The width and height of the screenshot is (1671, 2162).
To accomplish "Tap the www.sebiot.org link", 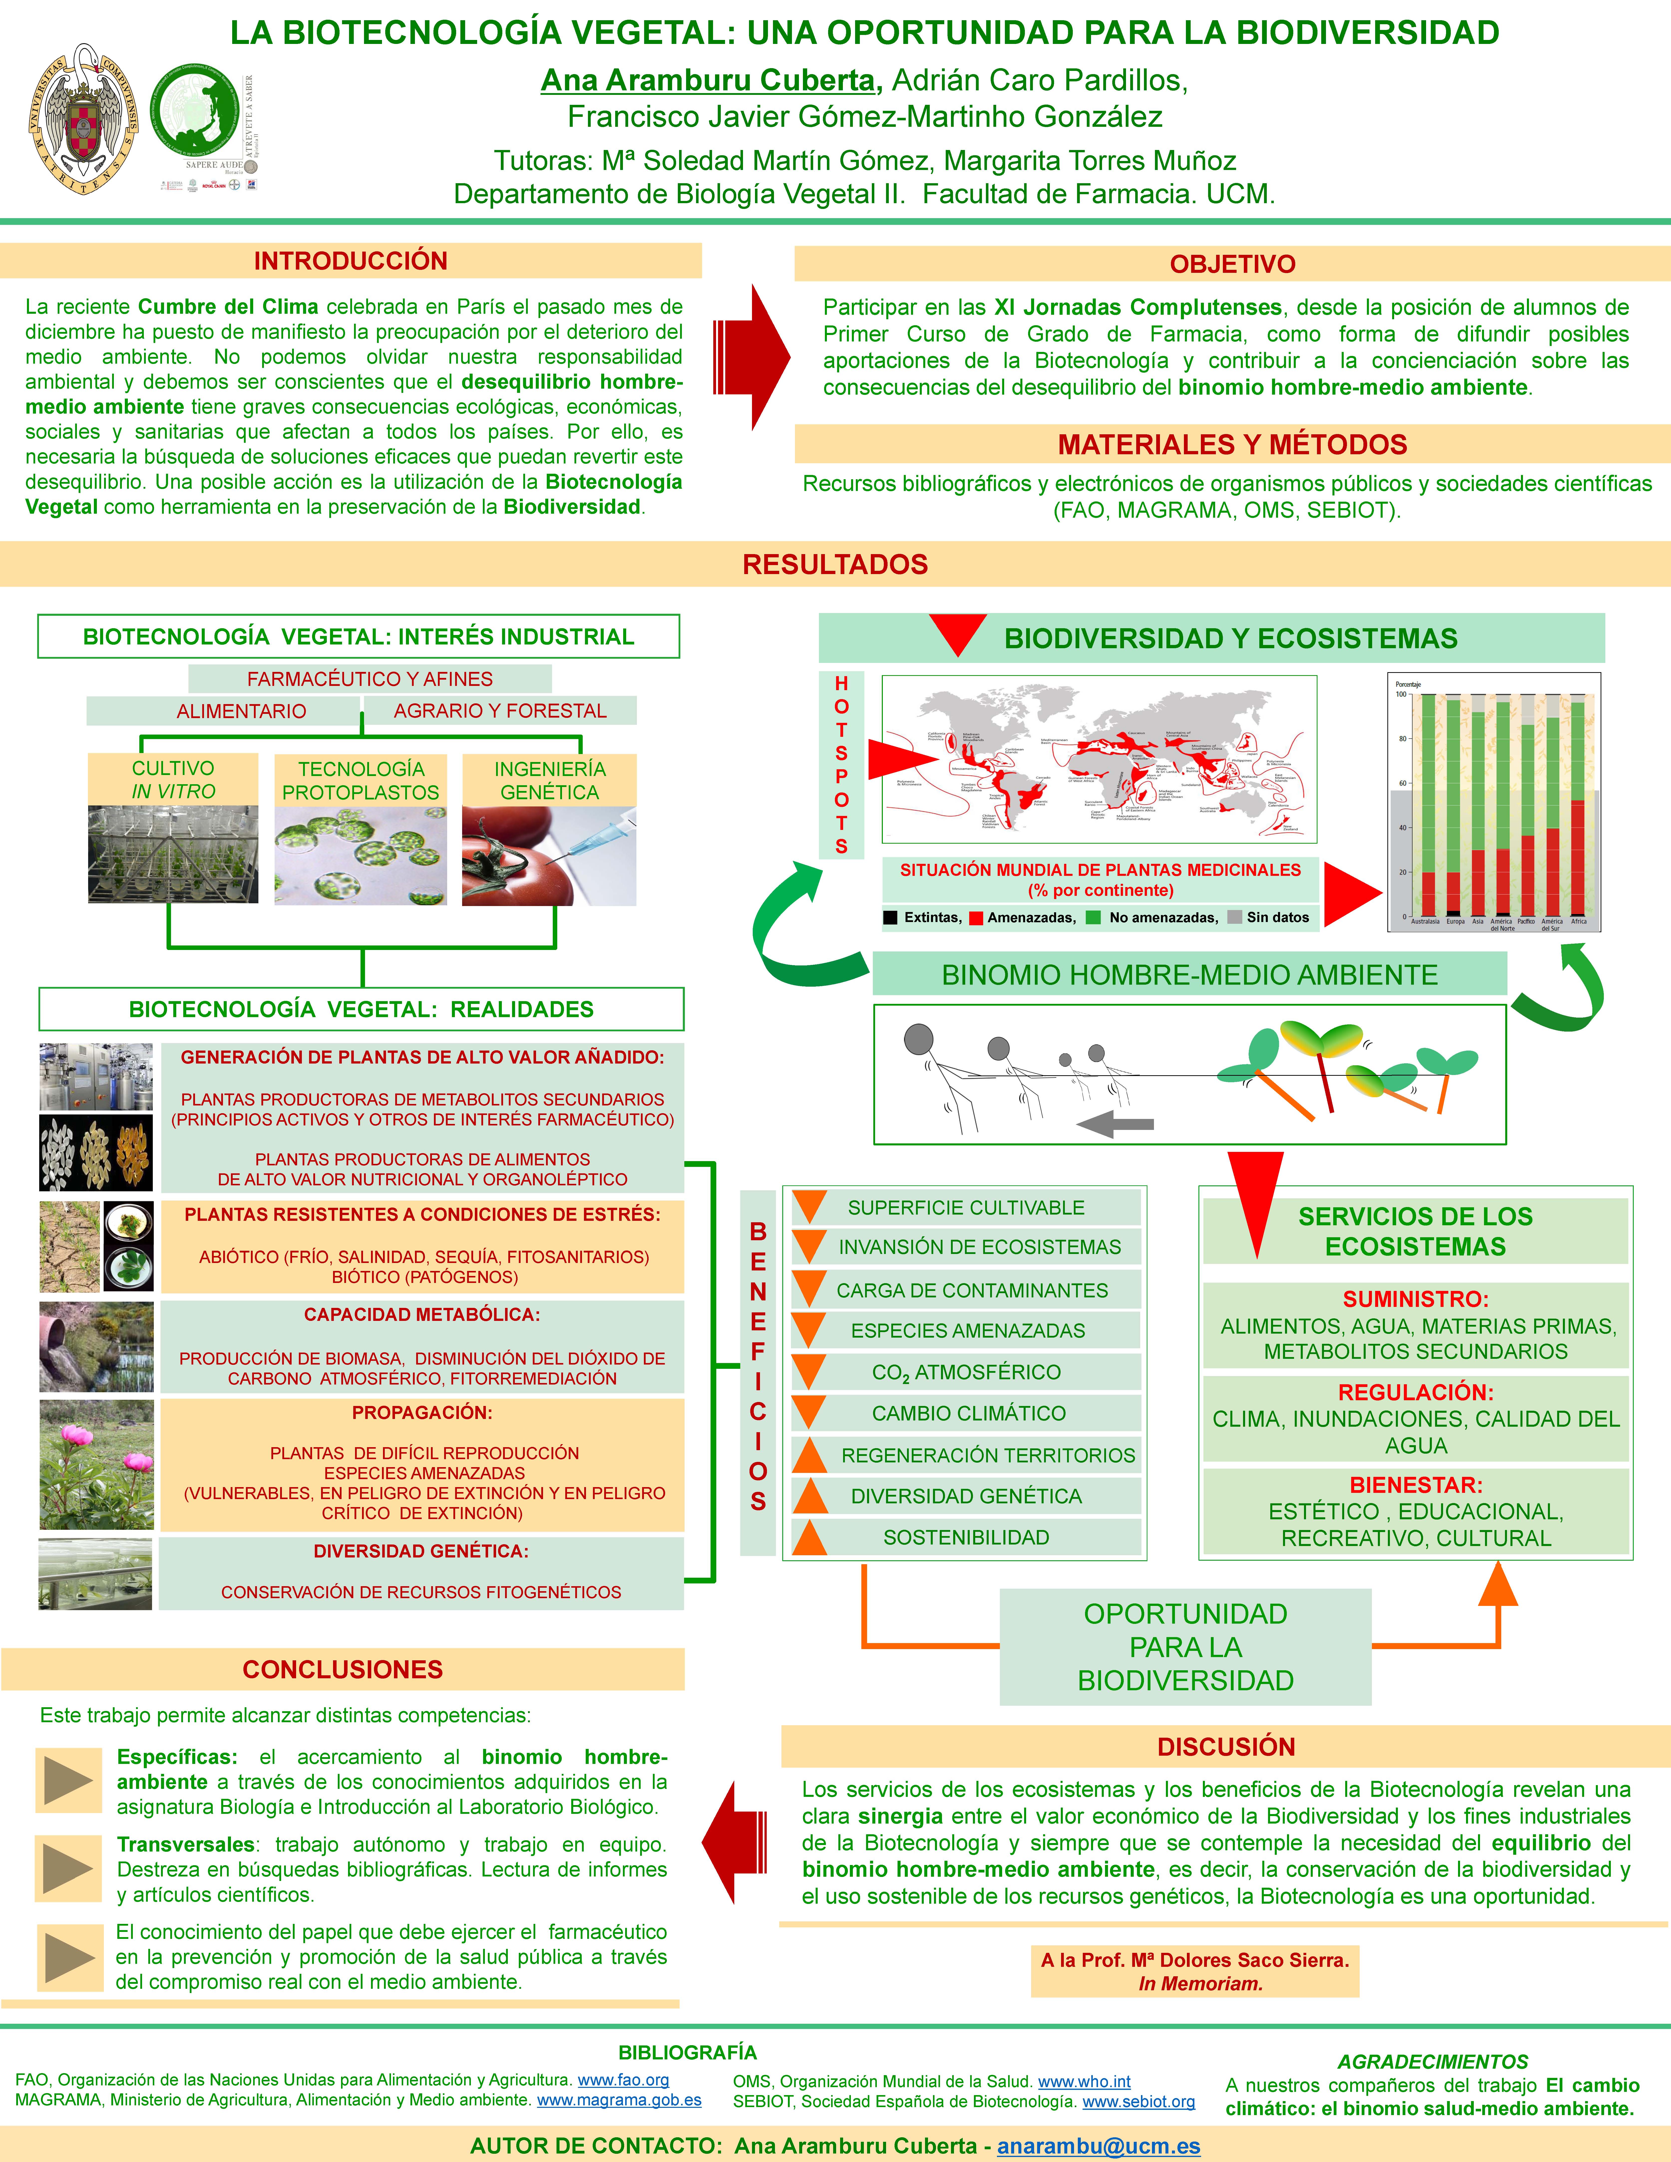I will coord(1138,2101).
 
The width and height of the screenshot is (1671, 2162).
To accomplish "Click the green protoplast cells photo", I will coord(360,855).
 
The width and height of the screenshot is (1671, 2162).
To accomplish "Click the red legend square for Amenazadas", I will coord(976,918).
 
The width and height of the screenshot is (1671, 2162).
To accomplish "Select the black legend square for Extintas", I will coord(891,918).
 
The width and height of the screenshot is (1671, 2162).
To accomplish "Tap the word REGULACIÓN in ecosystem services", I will coord(1416,1392).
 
